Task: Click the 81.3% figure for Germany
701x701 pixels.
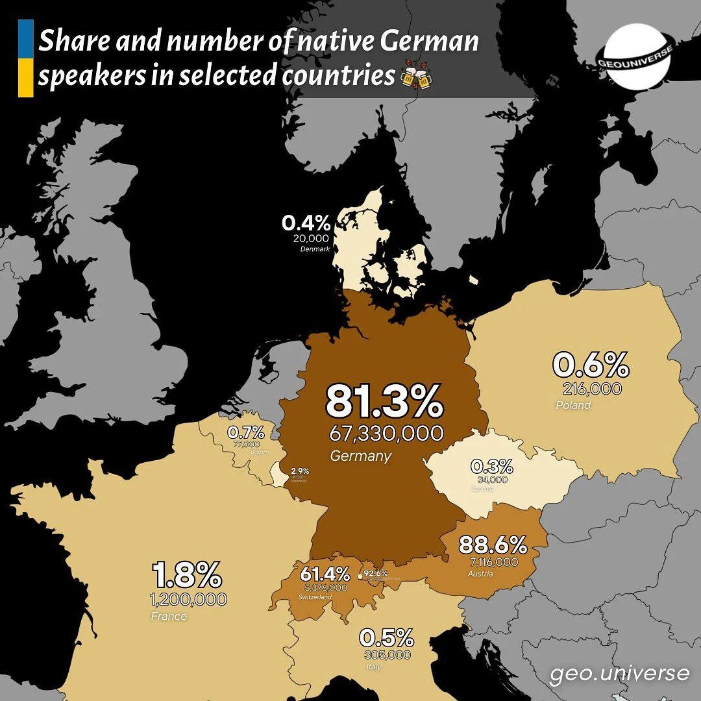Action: [384, 402]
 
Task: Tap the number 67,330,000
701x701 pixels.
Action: [386, 433]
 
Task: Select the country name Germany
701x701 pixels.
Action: [360, 456]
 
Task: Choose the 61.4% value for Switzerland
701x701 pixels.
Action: [325, 574]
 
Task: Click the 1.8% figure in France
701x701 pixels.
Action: [188, 575]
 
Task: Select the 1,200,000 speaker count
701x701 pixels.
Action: [189, 599]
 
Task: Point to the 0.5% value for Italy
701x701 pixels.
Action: [387, 637]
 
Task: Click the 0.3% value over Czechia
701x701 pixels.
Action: [491, 466]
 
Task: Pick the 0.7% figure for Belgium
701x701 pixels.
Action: [246, 432]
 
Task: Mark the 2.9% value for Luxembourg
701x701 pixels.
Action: [300, 471]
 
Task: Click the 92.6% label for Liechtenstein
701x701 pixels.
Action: [376, 573]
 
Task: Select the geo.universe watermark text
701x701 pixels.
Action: [619, 673]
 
